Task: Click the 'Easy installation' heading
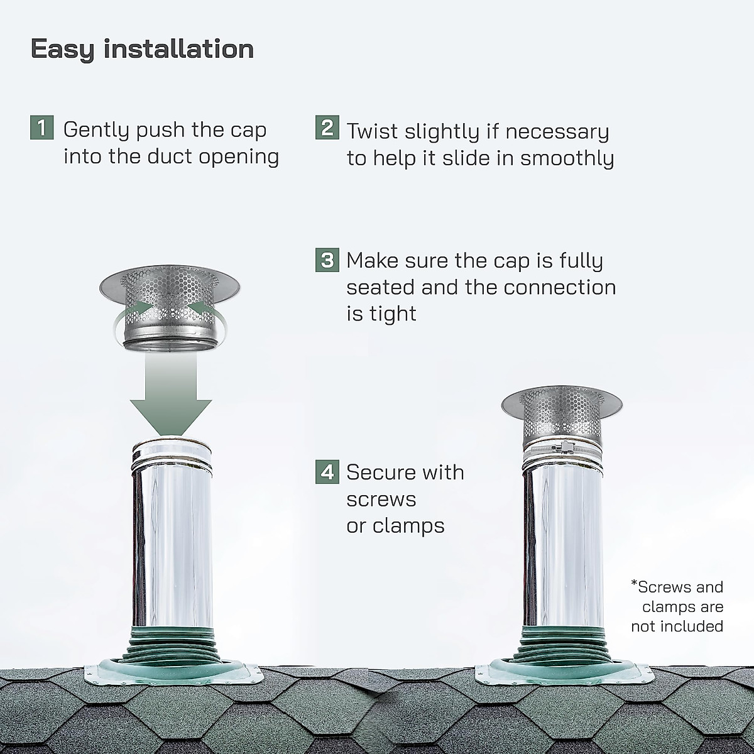pos(142,49)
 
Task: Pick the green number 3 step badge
pos(327,260)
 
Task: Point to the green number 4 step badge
pos(327,471)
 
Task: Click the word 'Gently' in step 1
pos(97,131)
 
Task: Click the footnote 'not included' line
pos(677,626)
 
